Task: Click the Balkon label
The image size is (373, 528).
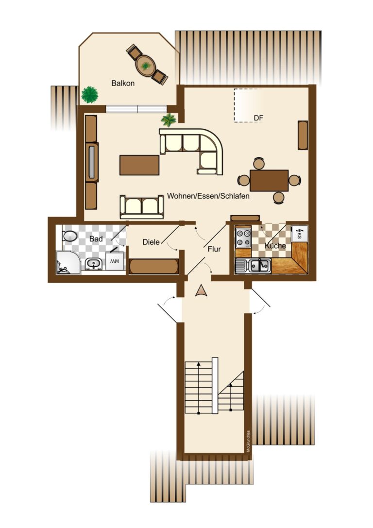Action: point(122,83)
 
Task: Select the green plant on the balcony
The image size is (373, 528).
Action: point(90,94)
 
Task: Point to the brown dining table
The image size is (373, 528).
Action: point(269,180)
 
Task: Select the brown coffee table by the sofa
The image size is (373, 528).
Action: point(139,165)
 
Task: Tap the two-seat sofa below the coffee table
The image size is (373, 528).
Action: point(142,206)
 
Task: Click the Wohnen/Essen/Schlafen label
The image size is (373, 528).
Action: point(208,196)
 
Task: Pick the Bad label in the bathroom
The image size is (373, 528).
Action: point(96,239)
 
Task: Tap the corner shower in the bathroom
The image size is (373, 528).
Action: point(67,262)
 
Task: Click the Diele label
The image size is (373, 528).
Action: point(152,241)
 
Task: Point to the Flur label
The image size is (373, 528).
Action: point(214,249)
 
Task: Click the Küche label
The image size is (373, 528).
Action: point(275,246)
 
